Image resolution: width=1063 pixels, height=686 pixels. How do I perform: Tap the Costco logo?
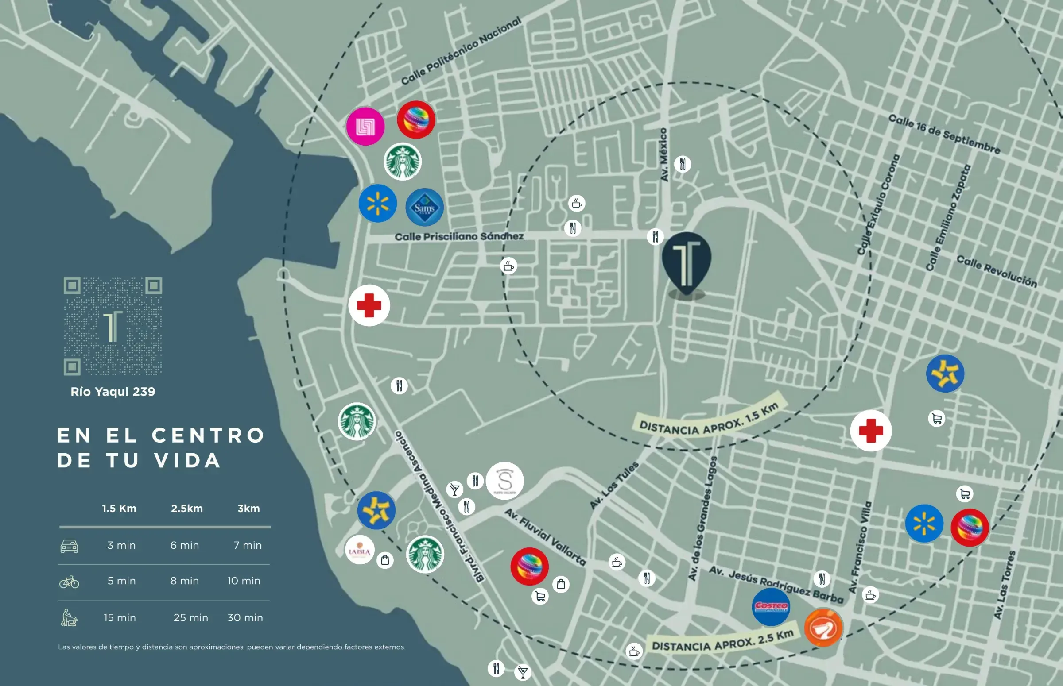[771, 607]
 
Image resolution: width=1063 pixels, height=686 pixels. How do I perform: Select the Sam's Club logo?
[424, 208]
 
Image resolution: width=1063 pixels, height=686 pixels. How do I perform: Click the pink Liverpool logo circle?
[365, 127]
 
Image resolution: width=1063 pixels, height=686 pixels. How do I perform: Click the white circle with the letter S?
[504, 481]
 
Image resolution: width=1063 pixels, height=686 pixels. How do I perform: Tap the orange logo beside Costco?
[823, 628]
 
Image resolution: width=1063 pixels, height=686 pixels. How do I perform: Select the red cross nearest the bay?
[369, 305]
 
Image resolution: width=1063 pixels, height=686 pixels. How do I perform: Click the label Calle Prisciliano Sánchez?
[459, 236]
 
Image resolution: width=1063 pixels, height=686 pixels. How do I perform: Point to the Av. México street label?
[663, 154]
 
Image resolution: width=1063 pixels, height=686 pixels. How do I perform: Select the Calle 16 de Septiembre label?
[944, 134]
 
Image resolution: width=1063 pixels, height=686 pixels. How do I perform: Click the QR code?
[113, 326]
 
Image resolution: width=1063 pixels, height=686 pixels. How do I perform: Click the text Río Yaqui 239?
[113, 392]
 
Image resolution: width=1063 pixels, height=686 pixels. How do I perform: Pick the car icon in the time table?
[69, 546]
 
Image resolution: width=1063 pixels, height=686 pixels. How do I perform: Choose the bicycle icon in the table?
[69, 582]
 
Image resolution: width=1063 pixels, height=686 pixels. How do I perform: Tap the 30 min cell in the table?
[245, 618]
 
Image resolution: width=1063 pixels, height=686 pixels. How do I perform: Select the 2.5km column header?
[187, 509]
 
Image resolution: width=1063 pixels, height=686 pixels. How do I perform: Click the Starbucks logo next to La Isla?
[425, 554]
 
